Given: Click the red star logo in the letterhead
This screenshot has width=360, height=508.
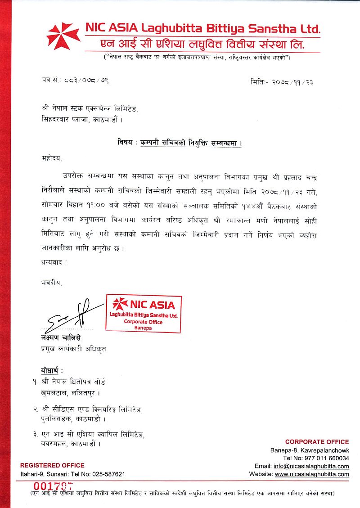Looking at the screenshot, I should pos(63,36).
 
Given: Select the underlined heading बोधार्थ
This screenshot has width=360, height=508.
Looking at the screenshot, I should pos(51,370).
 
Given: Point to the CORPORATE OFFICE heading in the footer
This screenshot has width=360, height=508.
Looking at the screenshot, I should pos(317,442).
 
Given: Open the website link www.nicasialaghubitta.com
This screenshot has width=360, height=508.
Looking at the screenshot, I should pos(312,474).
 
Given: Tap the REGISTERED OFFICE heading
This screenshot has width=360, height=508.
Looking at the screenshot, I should pos(52,465).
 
